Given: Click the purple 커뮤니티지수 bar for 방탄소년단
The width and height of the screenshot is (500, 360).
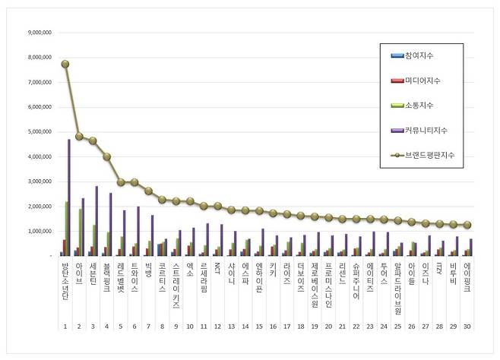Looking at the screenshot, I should pyautogui.click(x=69, y=197).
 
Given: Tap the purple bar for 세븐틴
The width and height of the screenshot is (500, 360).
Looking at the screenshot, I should pyautogui.click(x=97, y=221).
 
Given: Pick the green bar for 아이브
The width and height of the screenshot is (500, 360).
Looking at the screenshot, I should pyautogui.click(x=81, y=232).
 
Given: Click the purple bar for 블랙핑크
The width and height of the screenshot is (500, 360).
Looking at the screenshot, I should pyautogui.click(x=111, y=224).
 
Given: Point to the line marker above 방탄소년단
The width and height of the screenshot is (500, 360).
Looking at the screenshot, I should pyautogui.click(x=65, y=64).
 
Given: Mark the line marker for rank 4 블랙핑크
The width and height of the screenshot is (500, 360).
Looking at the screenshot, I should pyautogui.click(x=107, y=156).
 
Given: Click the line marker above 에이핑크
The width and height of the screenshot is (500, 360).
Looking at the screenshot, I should pyautogui.click(x=468, y=225).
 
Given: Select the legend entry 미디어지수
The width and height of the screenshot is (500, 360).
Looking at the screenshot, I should pyautogui.click(x=426, y=80).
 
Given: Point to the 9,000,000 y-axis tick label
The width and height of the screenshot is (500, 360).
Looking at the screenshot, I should pyautogui.click(x=38, y=33).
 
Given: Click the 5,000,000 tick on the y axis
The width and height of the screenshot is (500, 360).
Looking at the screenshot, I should pyautogui.click(x=38, y=132).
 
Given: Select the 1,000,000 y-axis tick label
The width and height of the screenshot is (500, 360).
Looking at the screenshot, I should pyautogui.click(x=38, y=231).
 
